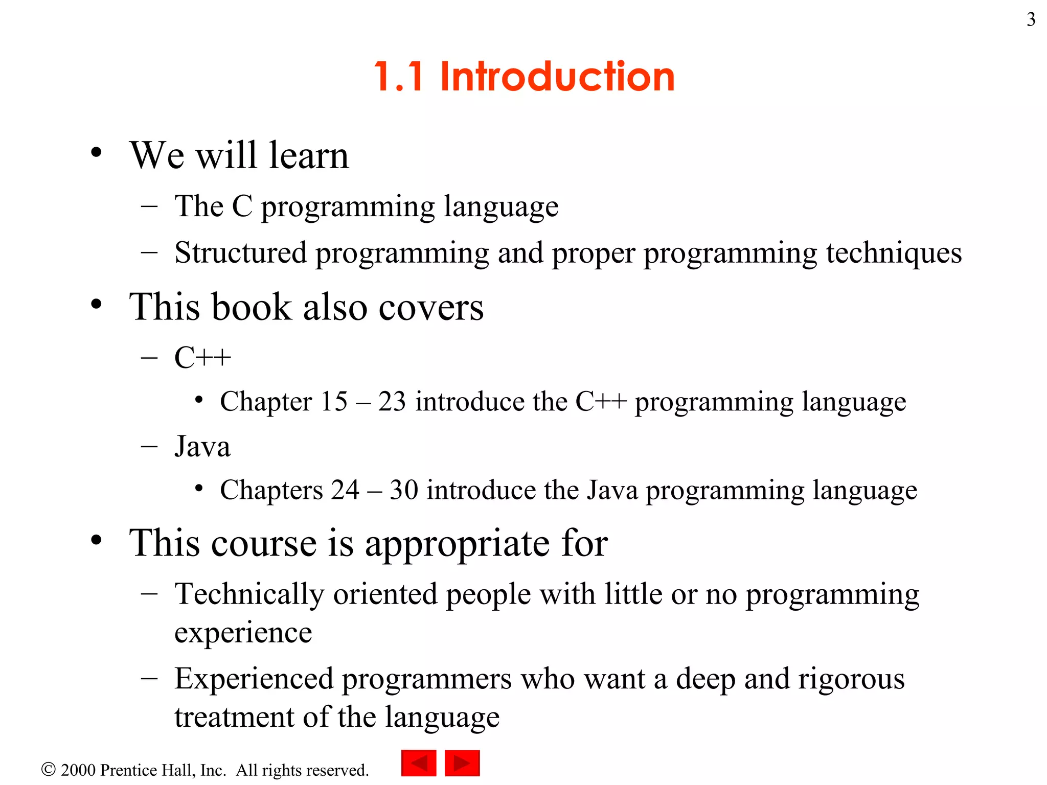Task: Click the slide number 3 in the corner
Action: pyautogui.click(x=1031, y=19)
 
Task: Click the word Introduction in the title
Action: pyautogui.click(x=557, y=77)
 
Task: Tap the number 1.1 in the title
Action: pyautogui.click(x=399, y=77)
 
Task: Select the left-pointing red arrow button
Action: pyautogui.click(x=419, y=763)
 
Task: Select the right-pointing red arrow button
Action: pyautogui.click(x=462, y=763)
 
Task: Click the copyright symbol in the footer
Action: pyautogui.click(x=48, y=769)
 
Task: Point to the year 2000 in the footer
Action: pyautogui.click(x=78, y=770)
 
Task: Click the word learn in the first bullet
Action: pyautogui.click(x=309, y=155)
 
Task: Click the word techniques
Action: pyautogui.click(x=894, y=253)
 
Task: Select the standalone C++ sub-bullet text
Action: pyautogui.click(x=202, y=357)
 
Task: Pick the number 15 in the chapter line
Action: pyautogui.click(x=334, y=402)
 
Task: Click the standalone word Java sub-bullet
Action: pyautogui.click(x=202, y=447)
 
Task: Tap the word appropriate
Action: pyautogui.click(x=458, y=544)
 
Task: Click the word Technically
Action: pyautogui.click(x=249, y=594)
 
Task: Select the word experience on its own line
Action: pyautogui.click(x=243, y=634)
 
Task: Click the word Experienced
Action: pyautogui.click(x=254, y=679)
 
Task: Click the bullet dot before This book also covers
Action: pyautogui.click(x=96, y=305)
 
